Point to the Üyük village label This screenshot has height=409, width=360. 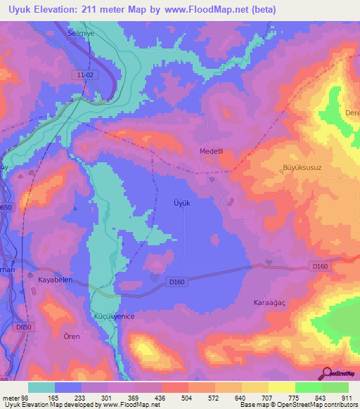point(182,202)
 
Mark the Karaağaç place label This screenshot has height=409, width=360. point(268,302)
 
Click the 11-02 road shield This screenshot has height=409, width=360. point(85,74)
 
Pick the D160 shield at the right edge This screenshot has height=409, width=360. point(321,265)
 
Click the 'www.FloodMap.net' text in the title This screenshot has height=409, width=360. point(211,11)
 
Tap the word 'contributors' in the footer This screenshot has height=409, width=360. point(340,405)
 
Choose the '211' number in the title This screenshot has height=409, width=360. point(97,11)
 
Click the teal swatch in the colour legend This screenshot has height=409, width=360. point(41,387)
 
